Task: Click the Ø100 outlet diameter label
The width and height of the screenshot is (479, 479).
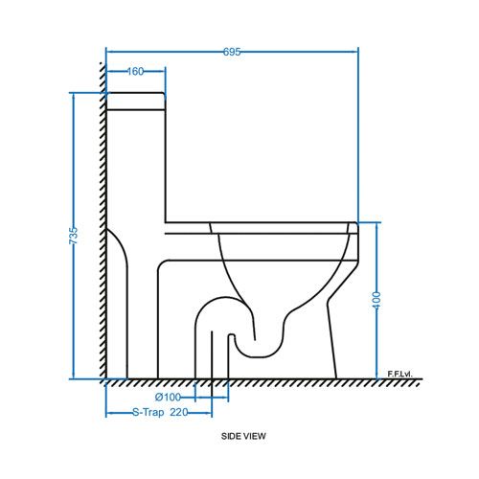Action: point(168,397)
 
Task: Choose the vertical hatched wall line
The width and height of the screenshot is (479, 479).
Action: point(100,220)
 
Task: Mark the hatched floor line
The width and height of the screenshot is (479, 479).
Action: point(259,383)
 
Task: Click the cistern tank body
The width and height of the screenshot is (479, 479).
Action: point(135,163)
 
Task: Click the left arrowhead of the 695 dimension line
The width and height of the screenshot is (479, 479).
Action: point(107,51)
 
